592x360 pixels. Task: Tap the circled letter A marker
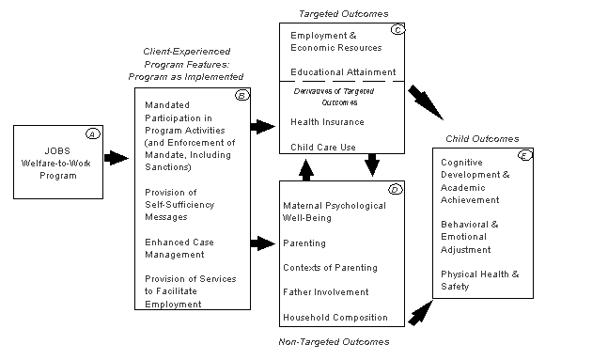(x=92, y=133)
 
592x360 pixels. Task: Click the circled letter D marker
(x=396, y=189)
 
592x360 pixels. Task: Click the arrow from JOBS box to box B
(x=116, y=158)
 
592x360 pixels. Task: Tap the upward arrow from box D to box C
(x=305, y=169)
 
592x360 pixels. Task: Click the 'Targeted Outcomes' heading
(x=332, y=14)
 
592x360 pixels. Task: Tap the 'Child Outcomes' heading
(x=481, y=138)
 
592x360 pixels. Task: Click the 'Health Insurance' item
(x=326, y=121)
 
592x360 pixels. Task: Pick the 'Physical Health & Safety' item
(x=479, y=279)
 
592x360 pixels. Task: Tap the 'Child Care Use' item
(x=321, y=146)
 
